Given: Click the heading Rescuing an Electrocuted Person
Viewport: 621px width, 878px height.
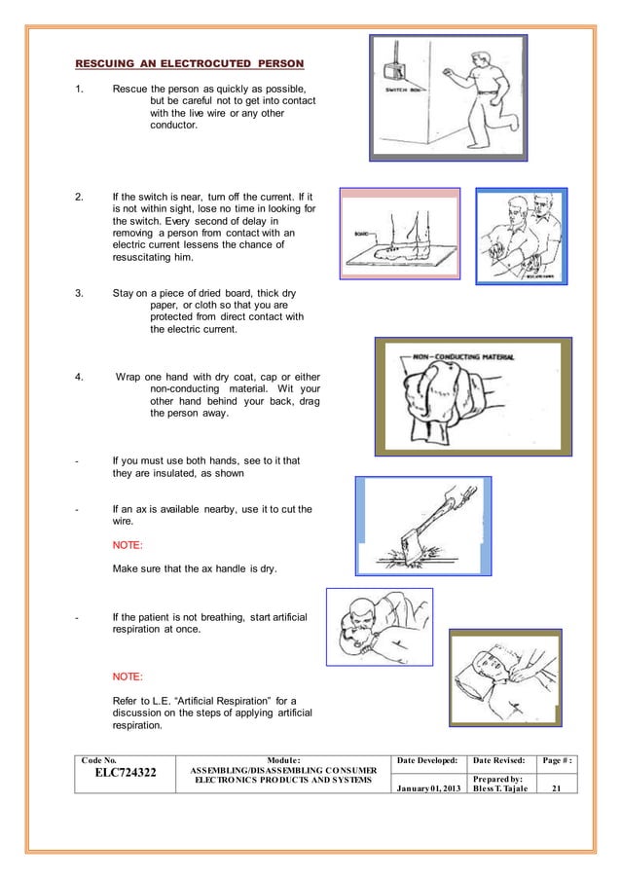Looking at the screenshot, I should point(190,64).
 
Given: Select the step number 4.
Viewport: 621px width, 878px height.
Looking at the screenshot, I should point(80,377).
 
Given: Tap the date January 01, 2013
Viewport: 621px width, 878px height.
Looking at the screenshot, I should point(429,787).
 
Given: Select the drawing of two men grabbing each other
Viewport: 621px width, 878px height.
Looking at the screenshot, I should point(520,236).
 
